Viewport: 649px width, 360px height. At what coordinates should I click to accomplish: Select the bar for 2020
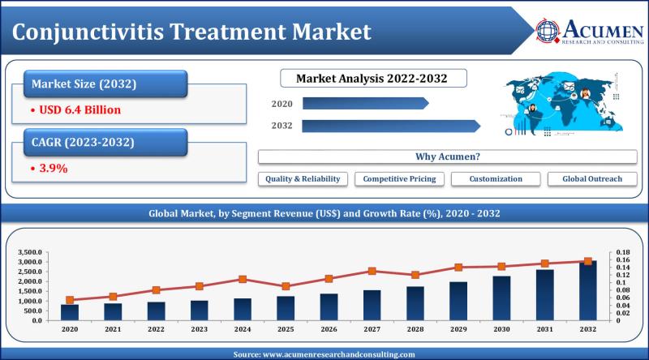(x=70, y=312)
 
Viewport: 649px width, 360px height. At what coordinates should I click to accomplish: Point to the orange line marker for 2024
(x=243, y=279)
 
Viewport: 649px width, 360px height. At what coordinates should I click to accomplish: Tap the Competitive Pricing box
(x=399, y=178)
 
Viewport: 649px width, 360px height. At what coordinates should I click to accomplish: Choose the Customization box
(x=495, y=178)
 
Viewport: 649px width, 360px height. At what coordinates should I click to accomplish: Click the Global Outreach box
(x=591, y=178)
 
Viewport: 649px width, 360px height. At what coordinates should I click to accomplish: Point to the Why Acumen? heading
(x=447, y=156)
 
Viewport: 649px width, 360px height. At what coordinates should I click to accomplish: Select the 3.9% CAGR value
(x=50, y=169)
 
